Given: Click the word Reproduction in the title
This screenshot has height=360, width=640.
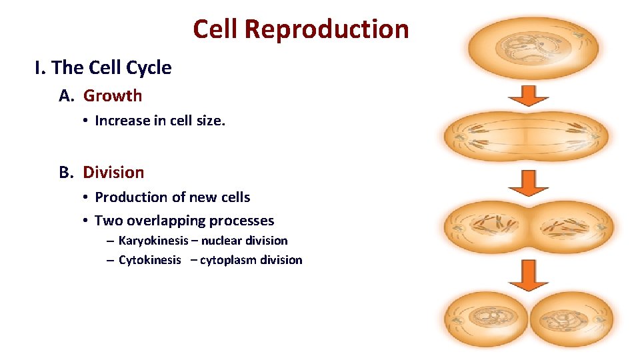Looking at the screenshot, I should click(326, 29).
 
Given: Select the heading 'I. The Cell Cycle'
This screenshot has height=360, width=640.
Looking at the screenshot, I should click(103, 67).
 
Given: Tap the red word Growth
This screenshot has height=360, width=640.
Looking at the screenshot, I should click(113, 95).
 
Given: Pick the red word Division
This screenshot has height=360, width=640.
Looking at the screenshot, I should click(113, 172).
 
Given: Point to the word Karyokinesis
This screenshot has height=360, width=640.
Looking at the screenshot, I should click(153, 240).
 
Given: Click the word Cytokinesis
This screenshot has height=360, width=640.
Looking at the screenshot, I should click(149, 260).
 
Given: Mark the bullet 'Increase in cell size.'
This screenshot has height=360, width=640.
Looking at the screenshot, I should click(159, 121).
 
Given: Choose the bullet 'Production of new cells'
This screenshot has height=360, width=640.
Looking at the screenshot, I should click(172, 197).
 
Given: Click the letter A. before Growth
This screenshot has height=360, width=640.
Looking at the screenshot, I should click(67, 95).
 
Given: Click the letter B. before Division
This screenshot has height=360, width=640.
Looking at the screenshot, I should click(67, 172).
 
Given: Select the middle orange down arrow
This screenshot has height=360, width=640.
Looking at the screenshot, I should click(528, 182).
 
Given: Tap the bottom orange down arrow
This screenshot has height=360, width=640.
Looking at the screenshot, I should click(528, 274).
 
